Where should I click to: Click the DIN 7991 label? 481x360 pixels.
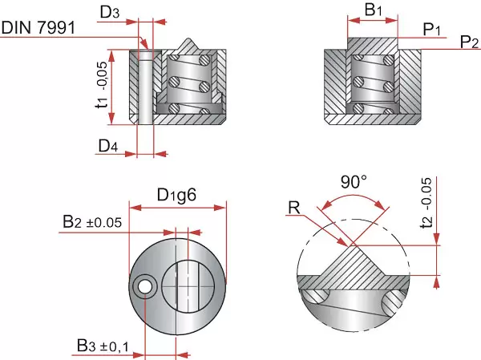[x=38, y=28]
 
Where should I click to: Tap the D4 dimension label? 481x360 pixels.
[x=109, y=146]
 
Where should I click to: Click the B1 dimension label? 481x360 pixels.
[x=374, y=10]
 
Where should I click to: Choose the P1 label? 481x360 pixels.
[x=433, y=29]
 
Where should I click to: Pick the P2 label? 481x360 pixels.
[x=470, y=42]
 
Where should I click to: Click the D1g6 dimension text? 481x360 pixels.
[x=177, y=195]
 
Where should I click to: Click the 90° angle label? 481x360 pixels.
[x=353, y=182]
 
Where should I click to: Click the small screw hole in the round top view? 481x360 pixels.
[x=145, y=286]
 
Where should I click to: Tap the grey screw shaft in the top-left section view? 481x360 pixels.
[x=145, y=88]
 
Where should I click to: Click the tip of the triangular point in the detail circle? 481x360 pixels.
[x=349, y=243]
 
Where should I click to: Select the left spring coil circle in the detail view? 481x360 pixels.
[x=315, y=296]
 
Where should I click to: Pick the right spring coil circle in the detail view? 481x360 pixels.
[x=393, y=302]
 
